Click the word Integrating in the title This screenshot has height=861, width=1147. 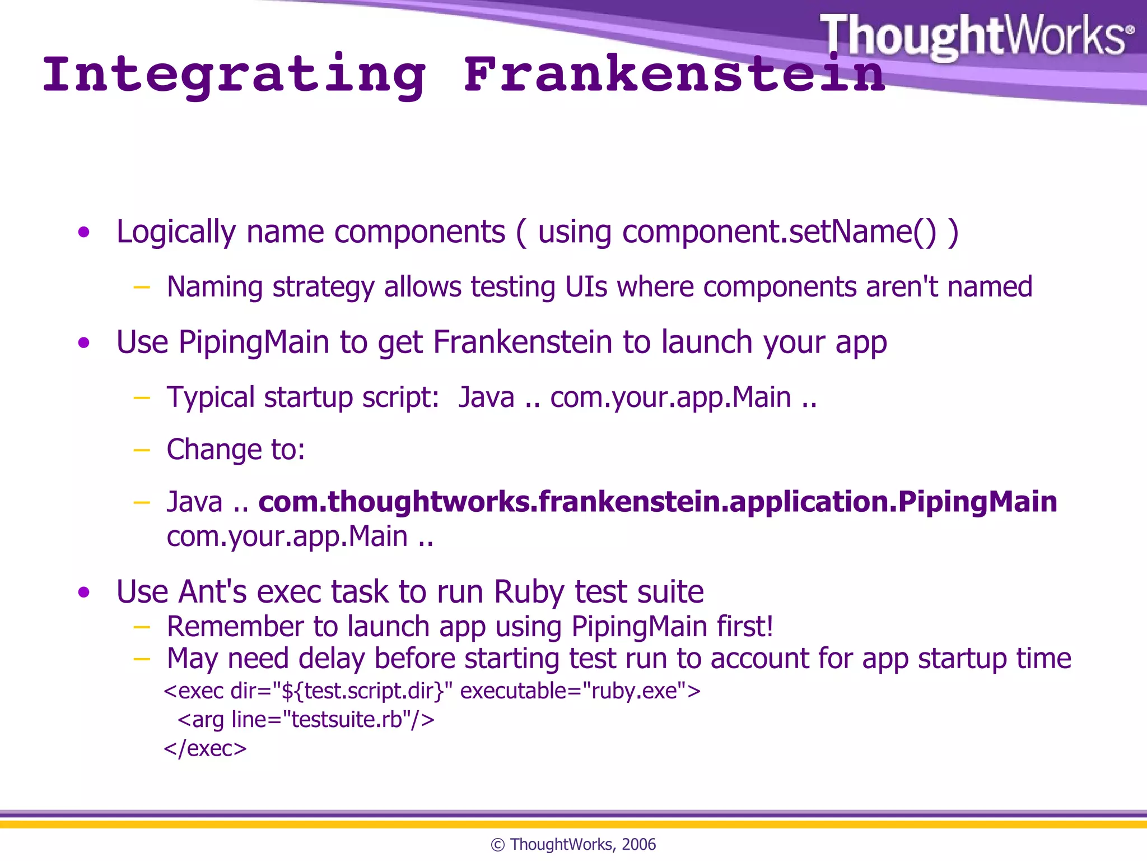(234, 75)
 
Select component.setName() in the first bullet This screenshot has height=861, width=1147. (779, 232)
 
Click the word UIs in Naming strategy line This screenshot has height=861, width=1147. (586, 287)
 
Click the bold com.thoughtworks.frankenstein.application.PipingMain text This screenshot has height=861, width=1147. (658, 501)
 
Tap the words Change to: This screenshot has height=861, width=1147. (236, 450)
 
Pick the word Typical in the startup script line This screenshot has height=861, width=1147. (211, 397)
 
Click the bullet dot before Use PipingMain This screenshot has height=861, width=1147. (84, 342)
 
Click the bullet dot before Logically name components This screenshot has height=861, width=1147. (84, 232)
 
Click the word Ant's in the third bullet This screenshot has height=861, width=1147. (212, 592)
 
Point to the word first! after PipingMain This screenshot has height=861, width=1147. (745, 626)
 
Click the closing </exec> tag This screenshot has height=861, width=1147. (205, 748)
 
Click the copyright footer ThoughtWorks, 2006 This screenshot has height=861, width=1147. (573, 844)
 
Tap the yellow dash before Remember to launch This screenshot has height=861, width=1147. (142, 627)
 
